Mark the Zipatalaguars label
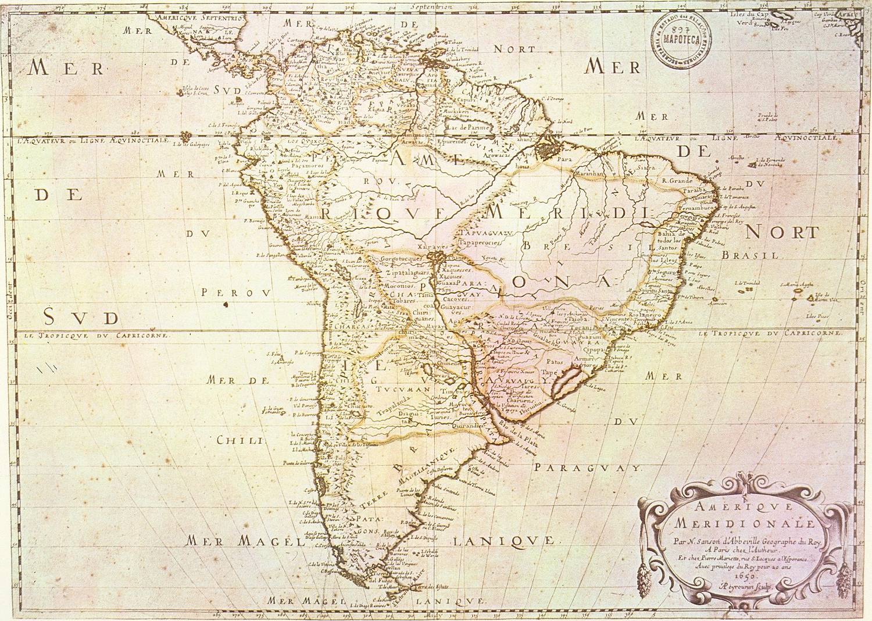405,271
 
